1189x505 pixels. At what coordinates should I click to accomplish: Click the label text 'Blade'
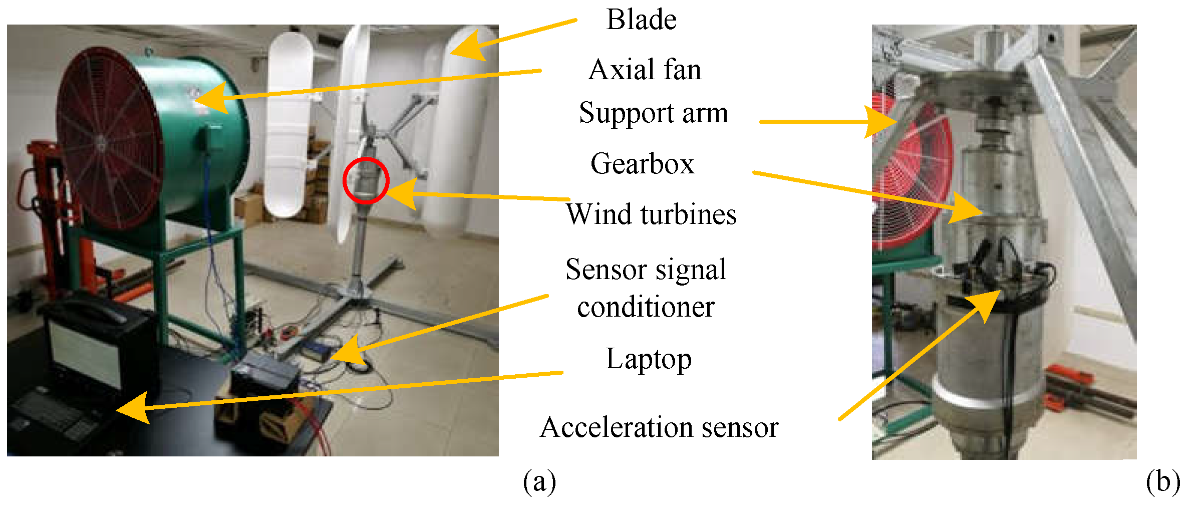click(641, 20)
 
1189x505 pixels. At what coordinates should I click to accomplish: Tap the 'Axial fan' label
click(645, 69)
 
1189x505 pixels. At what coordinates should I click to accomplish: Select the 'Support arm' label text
click(653, 113)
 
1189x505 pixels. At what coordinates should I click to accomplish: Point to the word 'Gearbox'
click(642, 164)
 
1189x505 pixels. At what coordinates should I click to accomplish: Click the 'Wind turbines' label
click(651, 214)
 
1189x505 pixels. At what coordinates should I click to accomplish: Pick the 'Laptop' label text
click(649, 359)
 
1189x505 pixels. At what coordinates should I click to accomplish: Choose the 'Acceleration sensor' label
click(659, 427)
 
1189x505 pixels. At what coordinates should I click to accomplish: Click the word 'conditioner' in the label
click(646, 307)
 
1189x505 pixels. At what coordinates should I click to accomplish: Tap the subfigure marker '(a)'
click(539, 482)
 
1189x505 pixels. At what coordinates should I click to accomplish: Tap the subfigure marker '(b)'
click(1162, 482)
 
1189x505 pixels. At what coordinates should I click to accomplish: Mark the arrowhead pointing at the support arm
click(880, 122)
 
